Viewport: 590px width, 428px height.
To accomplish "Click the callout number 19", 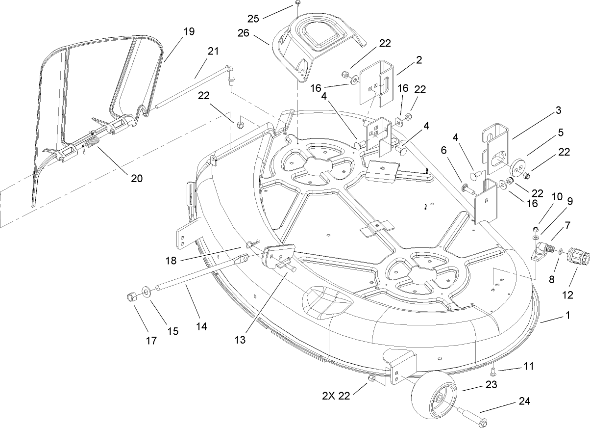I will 189,31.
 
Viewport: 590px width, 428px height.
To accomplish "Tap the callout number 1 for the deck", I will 567,316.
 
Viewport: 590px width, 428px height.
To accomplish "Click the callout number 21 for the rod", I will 212,51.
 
